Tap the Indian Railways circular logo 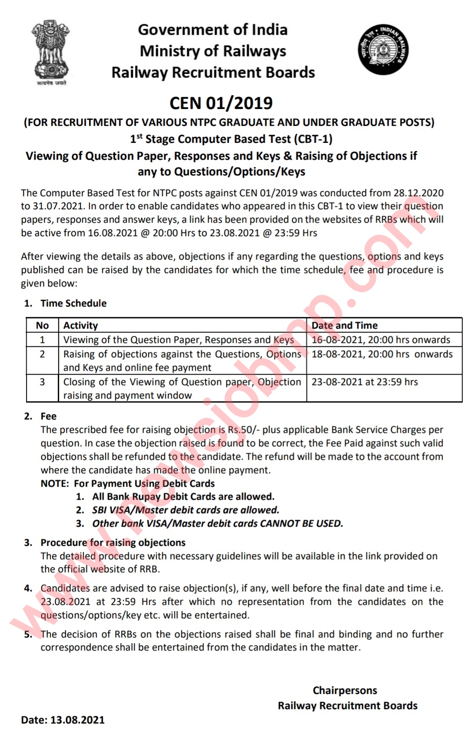coord(383,49)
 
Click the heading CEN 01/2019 coord(221,103)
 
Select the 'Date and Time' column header coord(345,325)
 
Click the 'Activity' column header coord(81,325)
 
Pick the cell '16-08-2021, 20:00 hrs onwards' coord(381,339)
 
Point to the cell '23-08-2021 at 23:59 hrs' coord(365,382)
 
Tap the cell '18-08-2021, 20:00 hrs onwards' coord(382,354)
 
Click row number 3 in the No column coord(42,382)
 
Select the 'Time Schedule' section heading coord(73,303)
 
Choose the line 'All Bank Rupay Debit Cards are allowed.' coord(183,496)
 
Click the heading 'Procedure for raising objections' coord(113,542)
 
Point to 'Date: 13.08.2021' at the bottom coord(63,720)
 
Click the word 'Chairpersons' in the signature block coord(345,690)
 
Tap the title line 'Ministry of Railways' coord(213,51)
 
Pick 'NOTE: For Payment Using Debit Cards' coord(128,483)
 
